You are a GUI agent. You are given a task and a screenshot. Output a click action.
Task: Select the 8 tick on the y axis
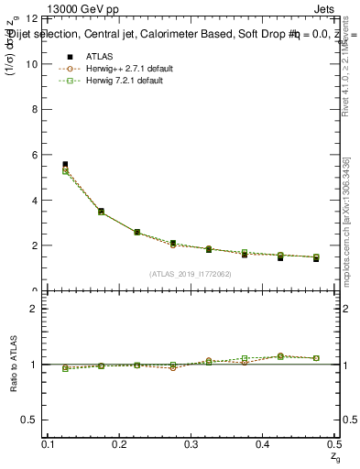click(x=34, y=110)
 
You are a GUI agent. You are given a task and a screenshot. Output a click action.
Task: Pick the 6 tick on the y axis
click(x=34, y=155)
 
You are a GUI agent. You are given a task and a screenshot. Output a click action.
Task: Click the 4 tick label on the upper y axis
click(x=34, y=201)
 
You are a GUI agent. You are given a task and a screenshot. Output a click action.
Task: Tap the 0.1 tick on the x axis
click(x=49, y=443)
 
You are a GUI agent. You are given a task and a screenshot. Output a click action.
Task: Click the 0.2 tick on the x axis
click(x=121, y=443)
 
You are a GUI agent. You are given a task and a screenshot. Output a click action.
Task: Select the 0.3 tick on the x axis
click(x=191, y=443)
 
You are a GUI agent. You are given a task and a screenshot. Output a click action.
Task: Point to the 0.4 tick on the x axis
click(x=263, y=443)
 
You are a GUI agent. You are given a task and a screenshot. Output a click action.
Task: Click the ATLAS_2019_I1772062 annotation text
click(x=191, y=274)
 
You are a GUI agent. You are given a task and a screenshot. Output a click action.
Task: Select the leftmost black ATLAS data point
click(x=64, y=165)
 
